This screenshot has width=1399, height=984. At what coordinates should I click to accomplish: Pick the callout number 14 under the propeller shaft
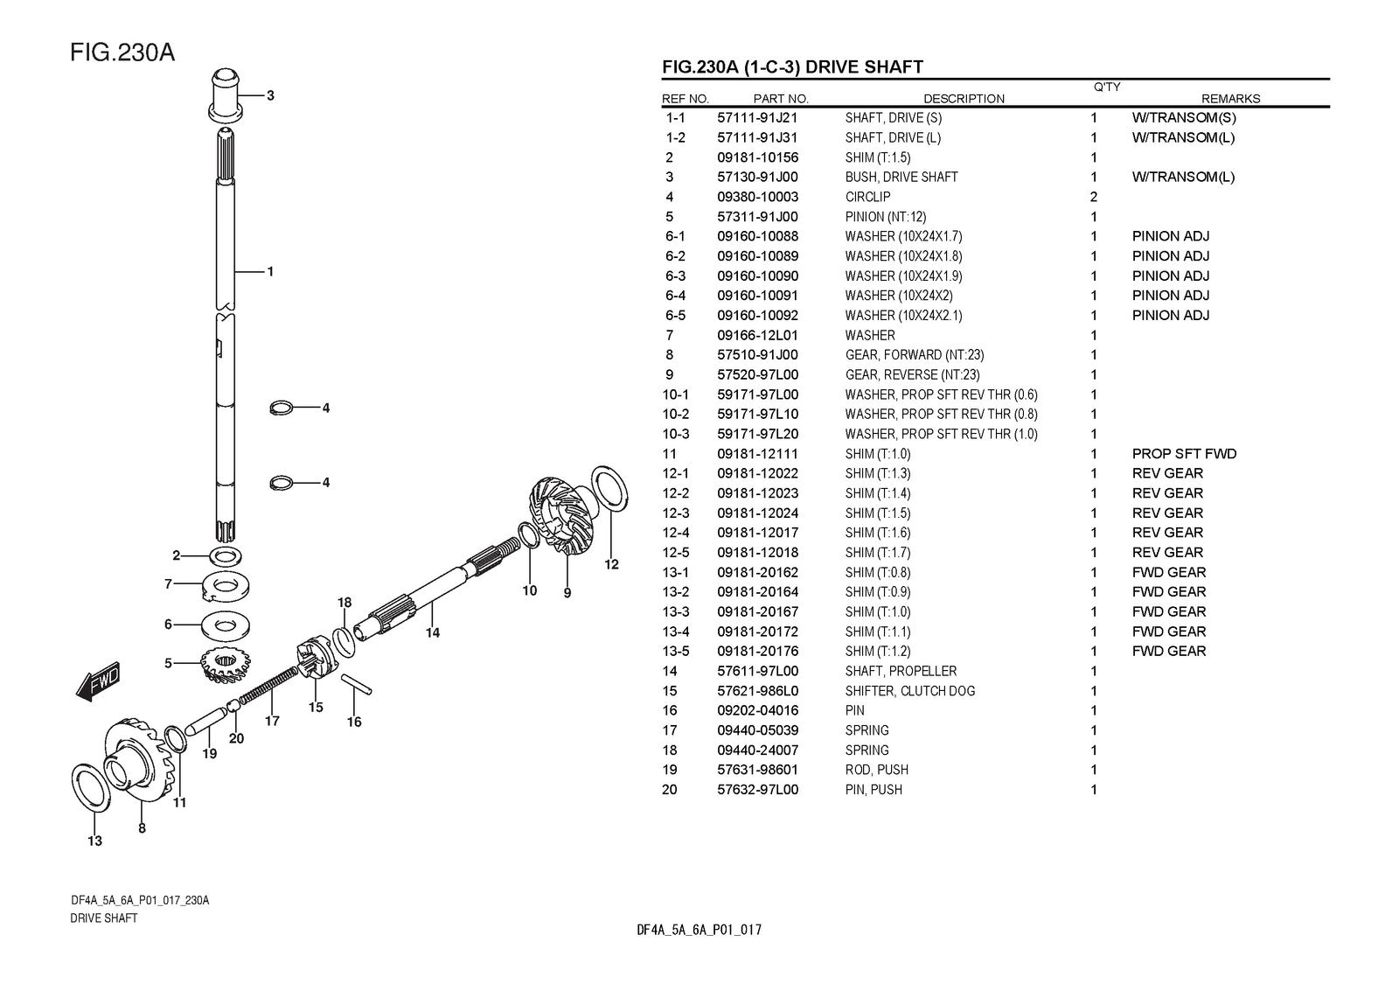pos(433,632)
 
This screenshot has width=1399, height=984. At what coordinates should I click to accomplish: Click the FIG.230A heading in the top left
pos(122,52)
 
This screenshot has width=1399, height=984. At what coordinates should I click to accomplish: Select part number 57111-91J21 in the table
pos(757,117)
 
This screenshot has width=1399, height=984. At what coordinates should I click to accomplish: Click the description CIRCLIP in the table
pos(867,197)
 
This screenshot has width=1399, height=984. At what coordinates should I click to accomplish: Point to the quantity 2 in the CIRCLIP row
pos(1094,197)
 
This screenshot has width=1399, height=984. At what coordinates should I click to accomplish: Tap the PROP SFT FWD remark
pos(1184,453)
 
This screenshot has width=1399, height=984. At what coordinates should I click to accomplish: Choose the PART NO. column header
pos(781,99)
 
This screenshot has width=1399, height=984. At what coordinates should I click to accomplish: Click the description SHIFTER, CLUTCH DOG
pos(909,691)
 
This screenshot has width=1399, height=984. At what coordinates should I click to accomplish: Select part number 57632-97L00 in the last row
pos(757,790)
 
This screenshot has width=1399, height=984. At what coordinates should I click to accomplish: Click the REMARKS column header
pos(1230,99)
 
